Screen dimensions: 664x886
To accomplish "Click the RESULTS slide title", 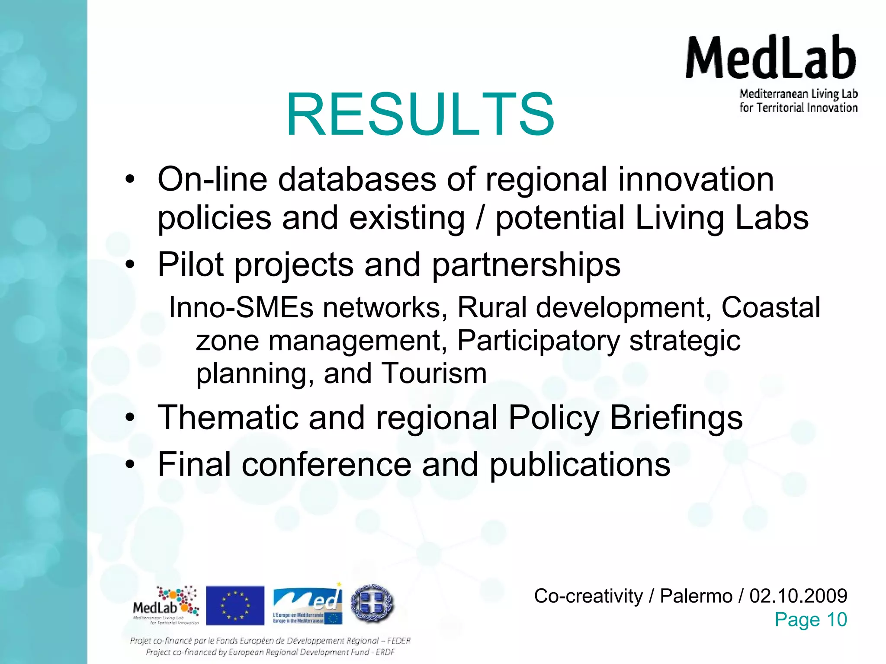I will tap(420, 114).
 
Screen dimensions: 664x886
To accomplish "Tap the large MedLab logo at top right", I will tap(771, 73).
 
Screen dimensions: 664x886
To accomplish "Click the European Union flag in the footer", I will tap(235, 605).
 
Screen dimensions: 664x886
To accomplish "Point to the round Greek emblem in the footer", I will tap(372, 603).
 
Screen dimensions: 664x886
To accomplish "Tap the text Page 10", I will tap(810, 619).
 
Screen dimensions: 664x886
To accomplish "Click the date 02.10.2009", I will tap(798, 596).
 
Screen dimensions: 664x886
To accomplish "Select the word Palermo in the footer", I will tap(696, 596).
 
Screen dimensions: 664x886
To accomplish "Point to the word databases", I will tap(357, 179).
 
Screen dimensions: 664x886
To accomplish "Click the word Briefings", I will tap(676, 418).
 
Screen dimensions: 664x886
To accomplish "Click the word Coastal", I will tap(770, 307).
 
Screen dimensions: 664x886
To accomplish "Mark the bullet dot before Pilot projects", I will tap(130, 265).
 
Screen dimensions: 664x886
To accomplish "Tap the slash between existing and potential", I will tap(479, 217).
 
